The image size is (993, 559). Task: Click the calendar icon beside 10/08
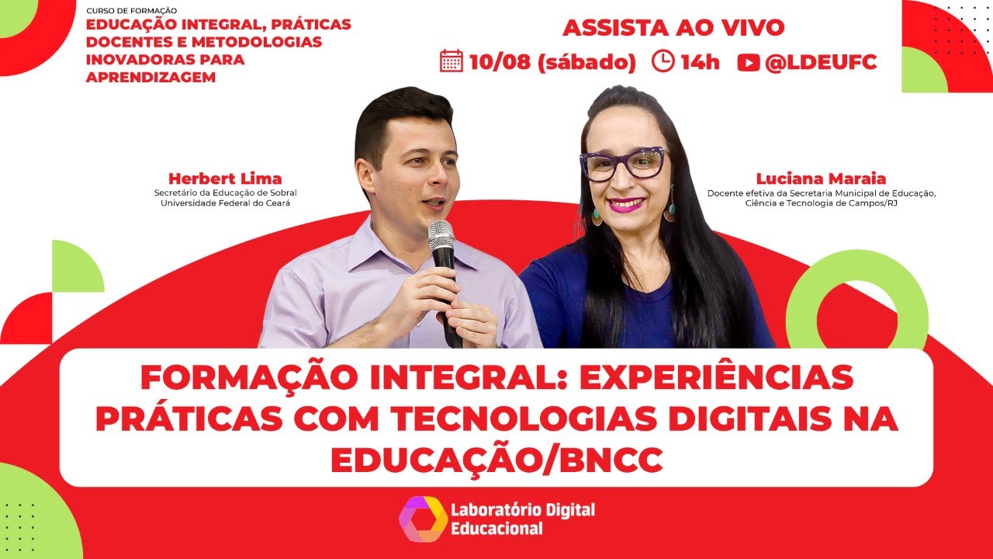pyautogui.click(x=451, y=61)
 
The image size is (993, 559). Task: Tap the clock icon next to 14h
pyautogui.click(x=663, y=61)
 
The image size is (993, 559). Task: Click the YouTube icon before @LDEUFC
pyautogui.click(x=748, y=63)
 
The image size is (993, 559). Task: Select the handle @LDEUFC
pyautogui.click(x=821, y=62)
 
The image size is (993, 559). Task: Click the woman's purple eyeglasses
pyautogui.click(x=623, y=163)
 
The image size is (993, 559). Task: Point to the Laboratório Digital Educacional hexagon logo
pyautogui.click(x=423, y=518)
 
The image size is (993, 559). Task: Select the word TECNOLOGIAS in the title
pyautogui.click(x=542, y=419)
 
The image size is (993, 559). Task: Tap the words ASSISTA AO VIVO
pyautogui.click(x=673, y=28)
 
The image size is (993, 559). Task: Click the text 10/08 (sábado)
pyautogui.click(x=552, y=62)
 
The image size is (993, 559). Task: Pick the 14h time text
pyautogui.click(x=700, y=62)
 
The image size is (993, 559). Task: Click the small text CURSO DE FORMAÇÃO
pyautogui.click(x=132, y=11)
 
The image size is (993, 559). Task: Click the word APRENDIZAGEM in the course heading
pyautogui.click(x=151, y=78)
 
